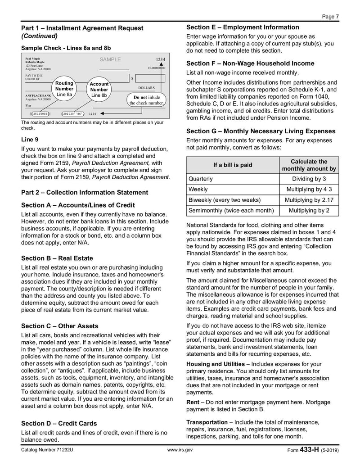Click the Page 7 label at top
[330, 17]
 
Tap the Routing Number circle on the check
[64, 89]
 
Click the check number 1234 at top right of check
[160, 59]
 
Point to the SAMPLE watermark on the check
[110, 59]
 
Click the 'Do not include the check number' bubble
[146, 100]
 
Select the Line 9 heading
[30, 140]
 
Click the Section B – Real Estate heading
[57, 258]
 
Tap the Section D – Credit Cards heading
[59, 423]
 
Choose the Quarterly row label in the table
[201, 179]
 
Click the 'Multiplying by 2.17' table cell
[309, 200]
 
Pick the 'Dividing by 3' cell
[309, 179]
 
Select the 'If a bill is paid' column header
[233, 165]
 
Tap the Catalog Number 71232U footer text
[47, 450]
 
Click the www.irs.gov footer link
[180, 450]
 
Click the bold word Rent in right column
[193, 402]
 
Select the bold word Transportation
[207, 422]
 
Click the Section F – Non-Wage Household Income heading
[250, 63]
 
